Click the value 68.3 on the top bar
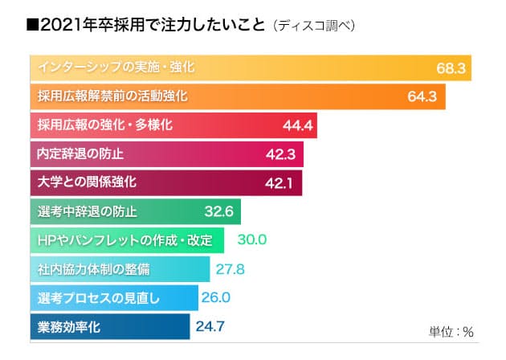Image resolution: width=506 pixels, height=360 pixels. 451,68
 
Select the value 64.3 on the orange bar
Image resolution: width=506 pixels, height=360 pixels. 421,97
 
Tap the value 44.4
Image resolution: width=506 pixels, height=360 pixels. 298,126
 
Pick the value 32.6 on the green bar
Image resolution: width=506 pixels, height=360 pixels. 219,213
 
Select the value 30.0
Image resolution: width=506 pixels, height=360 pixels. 252,240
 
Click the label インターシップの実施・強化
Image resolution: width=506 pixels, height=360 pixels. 116,67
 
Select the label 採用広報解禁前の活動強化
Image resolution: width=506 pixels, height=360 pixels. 112,96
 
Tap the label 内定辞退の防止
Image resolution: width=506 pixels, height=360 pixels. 81,154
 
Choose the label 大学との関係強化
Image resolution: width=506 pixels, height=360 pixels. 87,183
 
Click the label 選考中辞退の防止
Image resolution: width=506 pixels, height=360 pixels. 87,212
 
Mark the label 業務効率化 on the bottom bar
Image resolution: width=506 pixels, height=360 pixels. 69,327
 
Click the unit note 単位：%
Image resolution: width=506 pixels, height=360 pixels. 452,331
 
